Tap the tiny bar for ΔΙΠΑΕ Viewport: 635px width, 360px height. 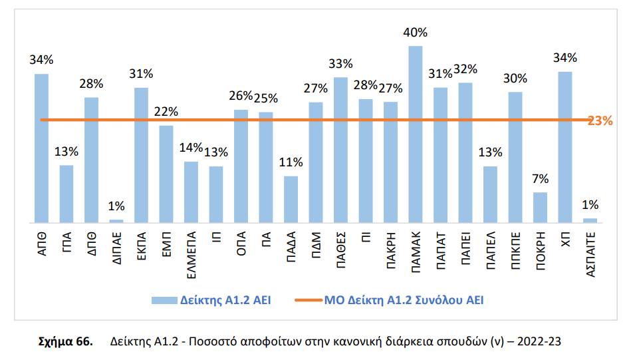click(x=116, y=220)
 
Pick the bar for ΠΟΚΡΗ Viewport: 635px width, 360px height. click(x=540, y=207)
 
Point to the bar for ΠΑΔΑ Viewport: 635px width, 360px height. click(x=291, y=199)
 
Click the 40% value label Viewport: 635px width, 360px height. click(x=416, y=32)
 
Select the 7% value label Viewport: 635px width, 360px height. click(x=540, y=179)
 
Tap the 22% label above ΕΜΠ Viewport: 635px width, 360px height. click(x=166, y=112)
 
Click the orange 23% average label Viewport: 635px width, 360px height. click(x=600, y=120)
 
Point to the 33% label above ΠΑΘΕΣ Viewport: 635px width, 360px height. click(x=340, y=64)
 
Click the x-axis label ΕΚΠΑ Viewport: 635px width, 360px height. click(x=142, y=247)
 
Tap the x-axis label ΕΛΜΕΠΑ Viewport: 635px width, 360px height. click(x=191, y=253)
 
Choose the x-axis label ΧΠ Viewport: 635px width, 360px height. click(x=565, y=239)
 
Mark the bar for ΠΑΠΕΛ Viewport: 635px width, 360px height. click(x=490, y=194)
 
